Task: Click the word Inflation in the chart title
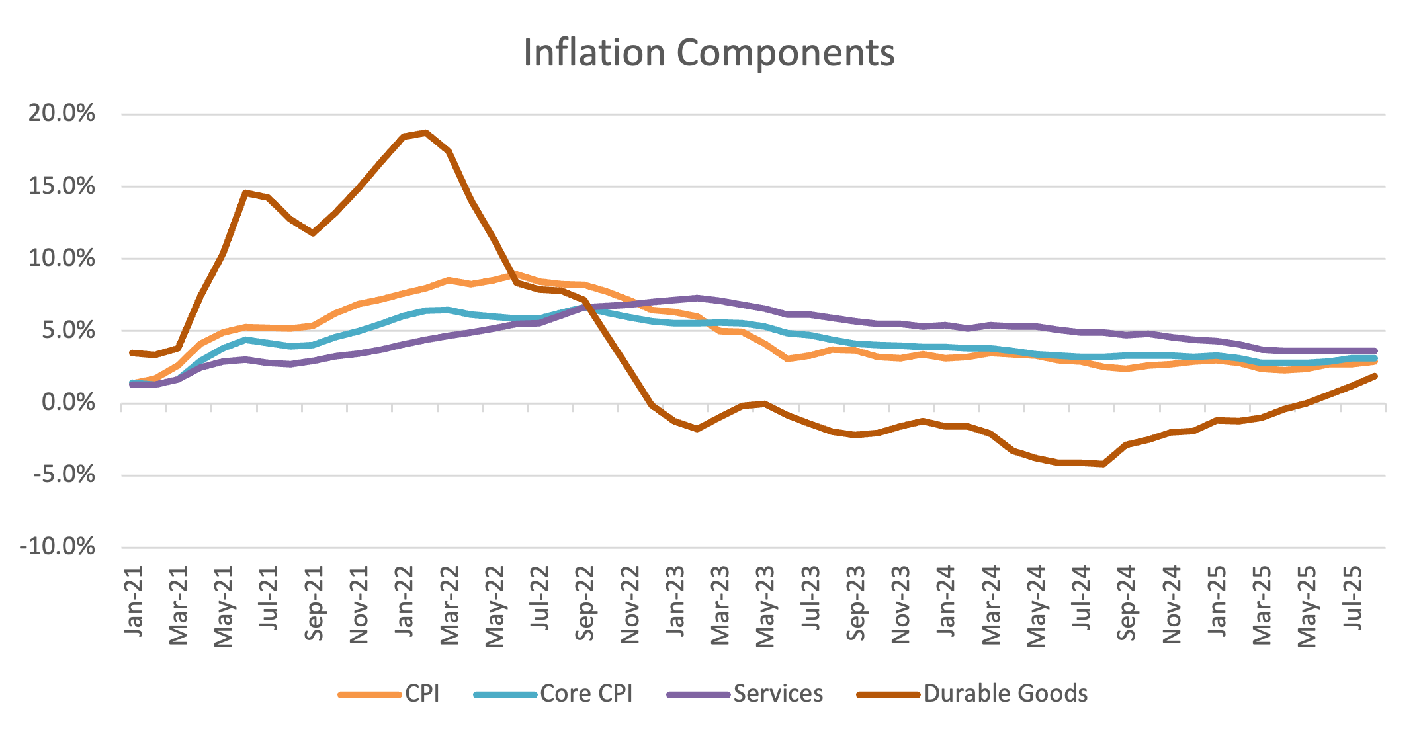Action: pyautogui.click(x=594, y=53)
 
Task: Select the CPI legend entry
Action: pyautogui.click(x=422, y=694)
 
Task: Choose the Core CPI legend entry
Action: pyautogui.click(x=586, y=694)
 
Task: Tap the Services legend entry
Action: pyautogui.click(x=778, y=694)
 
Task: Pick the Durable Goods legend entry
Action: pyautogui.click(x=1006, y=694)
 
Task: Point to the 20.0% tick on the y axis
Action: pyautogui.click(x=62, y=114)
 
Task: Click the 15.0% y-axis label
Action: pyautogui.click(x=62, y=186)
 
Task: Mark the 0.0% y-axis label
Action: pyautogui.click(x=68, y=402)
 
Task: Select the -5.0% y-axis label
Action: pyautogui.click(x=64, y=475)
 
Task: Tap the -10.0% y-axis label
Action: pyautogui.click(x=58, y=547)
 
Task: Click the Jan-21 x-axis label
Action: pyautogui.click(x=134, y=602)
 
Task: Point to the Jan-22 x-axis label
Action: pyautogui.click(x=404, y=602)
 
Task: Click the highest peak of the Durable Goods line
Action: pyautogui.click(x=426, y=132)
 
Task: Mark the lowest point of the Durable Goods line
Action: pyautogui.click(x=1103, y=464)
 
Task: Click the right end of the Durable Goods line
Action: pyautogui.click(x=1375, y=376)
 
